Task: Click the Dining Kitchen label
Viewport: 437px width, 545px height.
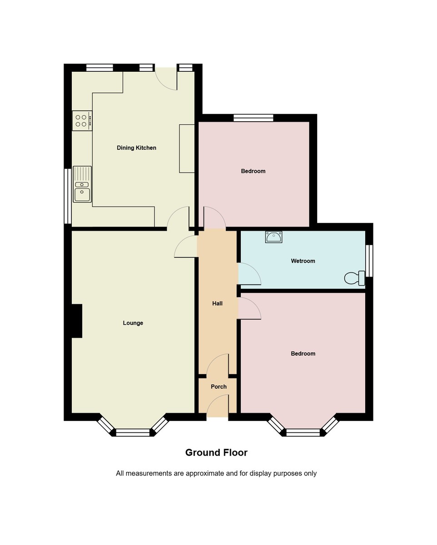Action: click(136, 148)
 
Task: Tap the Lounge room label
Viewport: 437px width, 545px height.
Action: click(133, 323)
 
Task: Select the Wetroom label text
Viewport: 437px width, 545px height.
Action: click(303, 261)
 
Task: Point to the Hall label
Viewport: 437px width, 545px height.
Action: click(217, 303)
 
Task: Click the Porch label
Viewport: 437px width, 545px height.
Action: click(218, 386)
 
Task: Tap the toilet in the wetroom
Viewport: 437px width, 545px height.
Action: click(355, 278)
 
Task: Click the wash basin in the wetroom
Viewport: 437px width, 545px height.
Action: click(273, 237)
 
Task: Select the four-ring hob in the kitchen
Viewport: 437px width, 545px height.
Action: click(82, 120)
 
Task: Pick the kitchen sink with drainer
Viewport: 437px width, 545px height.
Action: click(82, 184)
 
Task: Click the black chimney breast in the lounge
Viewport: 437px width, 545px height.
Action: click(76, 321)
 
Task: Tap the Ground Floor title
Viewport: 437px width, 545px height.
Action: click(216, 452)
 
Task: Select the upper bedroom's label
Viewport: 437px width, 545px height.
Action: click(253, 171)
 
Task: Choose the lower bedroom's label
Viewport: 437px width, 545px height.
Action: click(303, 353)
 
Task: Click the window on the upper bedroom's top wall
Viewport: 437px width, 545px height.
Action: click(253, 118)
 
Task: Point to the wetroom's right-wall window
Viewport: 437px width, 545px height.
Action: click(369, 261)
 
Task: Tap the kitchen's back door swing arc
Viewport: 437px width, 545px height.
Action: click(166, 79)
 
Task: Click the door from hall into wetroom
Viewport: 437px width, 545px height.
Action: click(249, 274)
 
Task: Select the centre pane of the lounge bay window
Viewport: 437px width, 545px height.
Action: click(133, 432)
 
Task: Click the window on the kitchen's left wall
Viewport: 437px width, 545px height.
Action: click(68, 196)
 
